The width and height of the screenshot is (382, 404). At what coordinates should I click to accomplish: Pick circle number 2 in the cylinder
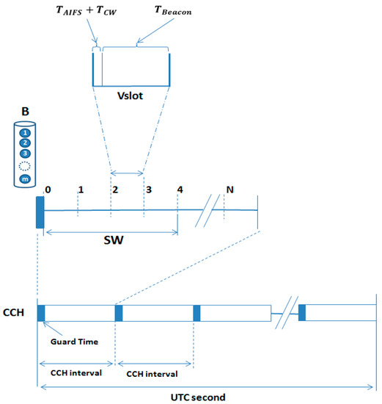tap(24, 143)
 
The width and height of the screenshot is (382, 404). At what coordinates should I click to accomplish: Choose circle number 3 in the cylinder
tap(24, 154)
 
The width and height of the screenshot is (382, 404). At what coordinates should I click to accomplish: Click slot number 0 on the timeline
tap(47, 189)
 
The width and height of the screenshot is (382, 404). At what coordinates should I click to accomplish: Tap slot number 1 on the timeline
tap(79, 189)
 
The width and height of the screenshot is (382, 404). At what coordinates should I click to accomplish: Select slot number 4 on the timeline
tap(179, 189)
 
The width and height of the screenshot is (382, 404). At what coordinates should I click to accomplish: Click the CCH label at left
tap(14, 312)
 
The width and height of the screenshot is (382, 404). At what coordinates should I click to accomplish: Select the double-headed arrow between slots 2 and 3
tap(127, 174)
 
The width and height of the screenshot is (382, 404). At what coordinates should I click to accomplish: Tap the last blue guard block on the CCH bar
tap(301, 312)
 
